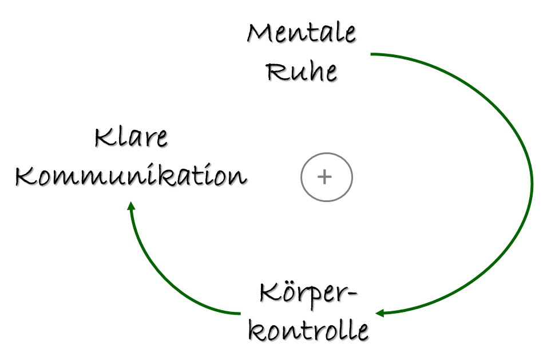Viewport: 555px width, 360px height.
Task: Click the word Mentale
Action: pyautogui.click(x=301, y=34)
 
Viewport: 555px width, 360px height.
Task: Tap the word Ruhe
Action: pyautogui.click(x=303, y=72)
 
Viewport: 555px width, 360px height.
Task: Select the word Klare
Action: pyautogui.click(x=132, y=138)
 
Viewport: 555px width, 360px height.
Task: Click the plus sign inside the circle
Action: pyautogui.click(x=325, y=177)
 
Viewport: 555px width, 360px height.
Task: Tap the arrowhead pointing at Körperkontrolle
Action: pyautogui.click(x=379, y=313)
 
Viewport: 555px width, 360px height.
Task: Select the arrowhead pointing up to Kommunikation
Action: pyautogui.click(x=131, y=205)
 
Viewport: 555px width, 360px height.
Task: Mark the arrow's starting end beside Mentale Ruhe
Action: pyautogui.click(x=372, y=54)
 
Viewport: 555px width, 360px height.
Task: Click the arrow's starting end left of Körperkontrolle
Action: pyautogui.click(x=239, y=313)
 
